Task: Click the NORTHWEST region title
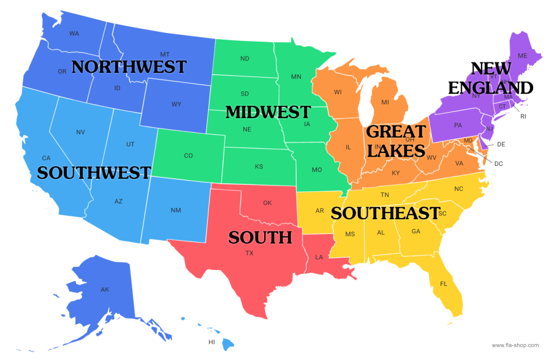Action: coord(129,67)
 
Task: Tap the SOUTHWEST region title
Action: coord(94,173)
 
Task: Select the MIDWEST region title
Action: coord(268,112)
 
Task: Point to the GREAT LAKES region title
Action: coord(395,140)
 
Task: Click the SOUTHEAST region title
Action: coord(385,213)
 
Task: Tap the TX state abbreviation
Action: coord(249,253)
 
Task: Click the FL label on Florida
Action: coord(443,284)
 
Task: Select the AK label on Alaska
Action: coord(105,289)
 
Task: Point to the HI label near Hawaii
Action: coord(212,342)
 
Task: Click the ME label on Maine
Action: coord(523,55)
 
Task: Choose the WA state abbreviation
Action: coord(74,34)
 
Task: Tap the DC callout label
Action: coord(499,163)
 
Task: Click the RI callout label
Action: coord(523,116)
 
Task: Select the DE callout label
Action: coord(501,145)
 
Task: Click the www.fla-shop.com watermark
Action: coord(515,345)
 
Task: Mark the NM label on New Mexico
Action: coord(176,210)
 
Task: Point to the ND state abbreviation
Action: coord(245,59)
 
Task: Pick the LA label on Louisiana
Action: coord(319,257)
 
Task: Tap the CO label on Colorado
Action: coord(188,156)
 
